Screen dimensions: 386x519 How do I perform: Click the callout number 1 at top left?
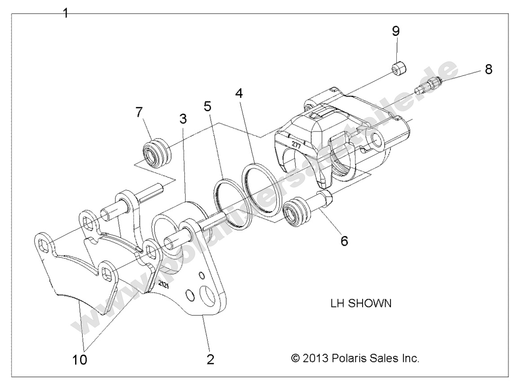66,13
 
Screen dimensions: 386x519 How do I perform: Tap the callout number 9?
395,31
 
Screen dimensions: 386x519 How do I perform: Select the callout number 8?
488,69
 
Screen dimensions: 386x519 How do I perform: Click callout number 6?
344,241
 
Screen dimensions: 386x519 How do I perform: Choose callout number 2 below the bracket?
210,359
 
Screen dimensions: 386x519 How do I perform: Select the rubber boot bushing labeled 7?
155,153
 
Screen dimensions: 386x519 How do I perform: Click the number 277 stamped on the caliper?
295,144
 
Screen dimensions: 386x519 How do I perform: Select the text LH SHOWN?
360,303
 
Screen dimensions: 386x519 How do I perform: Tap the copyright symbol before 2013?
295,359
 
